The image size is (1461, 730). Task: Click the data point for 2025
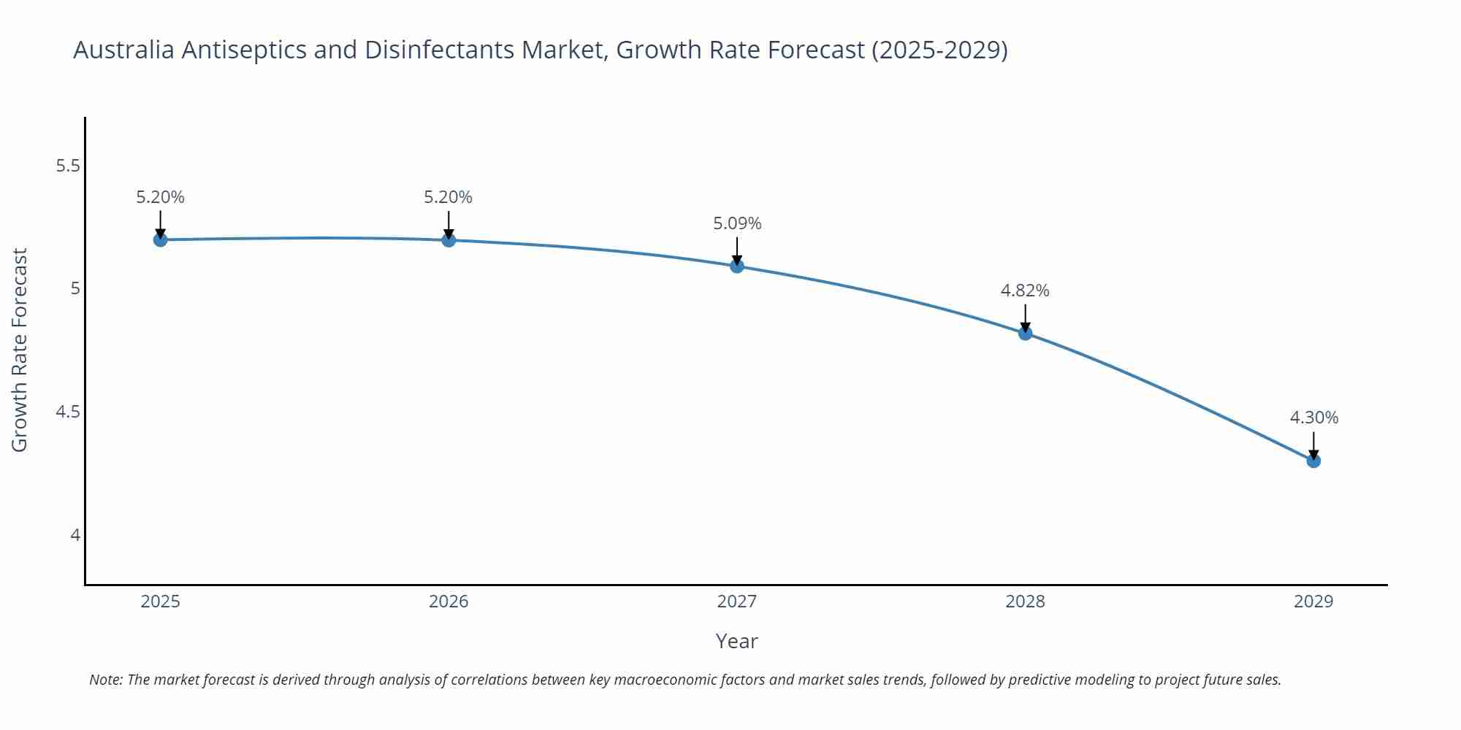point(160,239)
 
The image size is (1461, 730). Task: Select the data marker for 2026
point(449,239)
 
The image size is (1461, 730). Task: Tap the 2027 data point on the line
point(737,266)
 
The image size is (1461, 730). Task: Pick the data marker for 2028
point(1025,333)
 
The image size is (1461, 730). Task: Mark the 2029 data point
point(1313,461)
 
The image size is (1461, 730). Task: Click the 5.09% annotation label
point(737,223)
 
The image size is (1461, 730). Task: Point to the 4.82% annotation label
point(1025,291)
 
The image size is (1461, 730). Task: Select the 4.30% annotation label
point(1313,418)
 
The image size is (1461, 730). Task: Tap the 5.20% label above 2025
point(160,197)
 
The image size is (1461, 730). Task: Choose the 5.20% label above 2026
point(449,197)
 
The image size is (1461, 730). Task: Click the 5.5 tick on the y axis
point(68,166)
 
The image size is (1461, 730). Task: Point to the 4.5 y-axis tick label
point(68,412)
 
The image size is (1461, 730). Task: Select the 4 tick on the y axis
point(75,535)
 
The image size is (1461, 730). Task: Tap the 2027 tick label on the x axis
point(737,602)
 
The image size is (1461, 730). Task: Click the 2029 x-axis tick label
point(1313,602)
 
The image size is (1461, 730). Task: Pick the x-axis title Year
point(736,641)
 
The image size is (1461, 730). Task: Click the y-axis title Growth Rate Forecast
point(20,350)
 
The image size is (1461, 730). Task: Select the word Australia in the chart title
point(123,50)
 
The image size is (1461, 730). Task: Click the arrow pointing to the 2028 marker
point(1025,318)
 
